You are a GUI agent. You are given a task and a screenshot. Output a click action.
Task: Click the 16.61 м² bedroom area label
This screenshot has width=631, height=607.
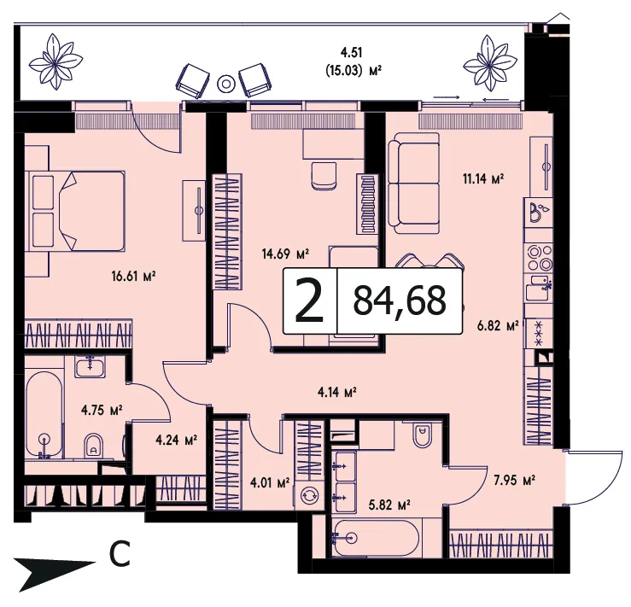133,277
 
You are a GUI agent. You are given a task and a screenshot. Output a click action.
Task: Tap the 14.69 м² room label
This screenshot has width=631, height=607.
285,254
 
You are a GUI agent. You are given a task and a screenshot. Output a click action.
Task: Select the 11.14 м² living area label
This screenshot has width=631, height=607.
483,178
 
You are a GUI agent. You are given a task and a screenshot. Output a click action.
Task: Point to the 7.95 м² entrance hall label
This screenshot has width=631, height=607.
514,481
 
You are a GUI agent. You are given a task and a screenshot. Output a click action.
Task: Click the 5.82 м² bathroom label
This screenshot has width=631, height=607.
389,505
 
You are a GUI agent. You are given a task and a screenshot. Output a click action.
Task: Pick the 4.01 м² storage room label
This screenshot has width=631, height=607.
270,482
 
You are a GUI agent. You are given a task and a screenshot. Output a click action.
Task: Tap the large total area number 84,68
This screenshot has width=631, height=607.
400,301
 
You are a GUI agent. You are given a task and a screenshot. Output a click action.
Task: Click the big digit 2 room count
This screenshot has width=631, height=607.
309,301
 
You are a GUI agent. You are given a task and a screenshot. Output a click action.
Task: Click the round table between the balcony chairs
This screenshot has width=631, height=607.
225,84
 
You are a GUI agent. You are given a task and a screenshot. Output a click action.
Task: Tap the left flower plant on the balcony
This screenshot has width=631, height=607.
56,61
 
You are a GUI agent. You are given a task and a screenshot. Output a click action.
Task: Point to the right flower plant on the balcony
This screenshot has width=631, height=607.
490,63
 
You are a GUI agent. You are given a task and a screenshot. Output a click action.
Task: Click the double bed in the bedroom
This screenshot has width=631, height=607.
75,212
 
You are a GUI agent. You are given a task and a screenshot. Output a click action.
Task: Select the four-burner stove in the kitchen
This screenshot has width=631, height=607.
540,258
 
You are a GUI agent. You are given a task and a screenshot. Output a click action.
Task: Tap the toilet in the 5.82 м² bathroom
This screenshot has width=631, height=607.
423,434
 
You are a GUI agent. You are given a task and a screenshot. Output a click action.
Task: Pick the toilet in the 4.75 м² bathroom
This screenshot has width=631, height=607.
94,446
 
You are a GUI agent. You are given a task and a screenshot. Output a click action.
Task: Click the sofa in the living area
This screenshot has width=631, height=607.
413,184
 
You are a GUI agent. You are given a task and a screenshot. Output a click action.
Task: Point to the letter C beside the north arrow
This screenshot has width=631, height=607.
120,554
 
